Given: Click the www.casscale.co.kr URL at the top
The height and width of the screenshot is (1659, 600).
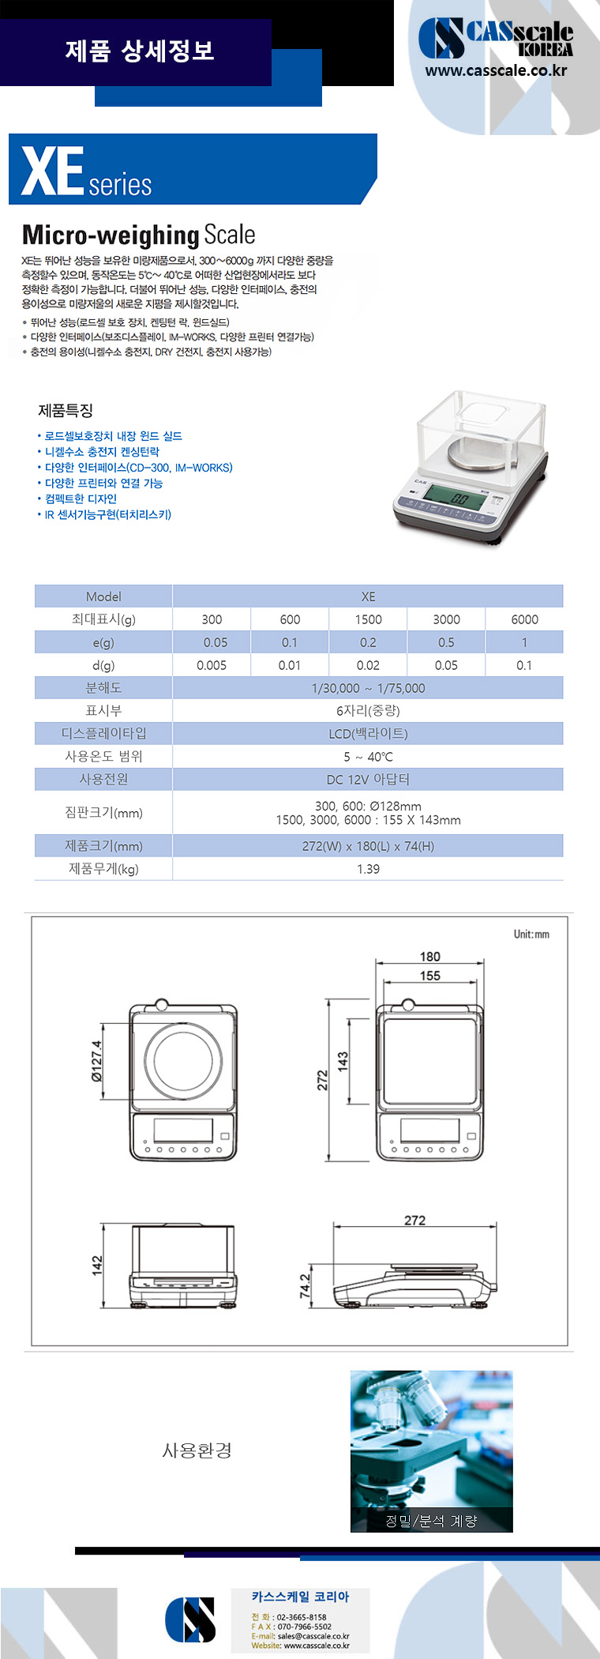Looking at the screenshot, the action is (496, 70).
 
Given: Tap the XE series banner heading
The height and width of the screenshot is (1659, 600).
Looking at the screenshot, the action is (87, 171).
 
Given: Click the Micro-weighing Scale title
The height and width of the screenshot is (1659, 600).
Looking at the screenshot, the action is (139, 235).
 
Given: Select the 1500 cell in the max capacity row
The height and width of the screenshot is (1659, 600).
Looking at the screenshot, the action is (368, 619).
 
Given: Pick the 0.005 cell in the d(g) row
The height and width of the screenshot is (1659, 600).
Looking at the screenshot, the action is (212, 665).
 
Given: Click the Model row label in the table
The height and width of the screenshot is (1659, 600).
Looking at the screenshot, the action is (103, 596).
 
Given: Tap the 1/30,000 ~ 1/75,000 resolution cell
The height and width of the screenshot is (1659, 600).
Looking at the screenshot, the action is (368, 688).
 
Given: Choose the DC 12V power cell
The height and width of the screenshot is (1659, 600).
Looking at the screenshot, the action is (368, 779).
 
